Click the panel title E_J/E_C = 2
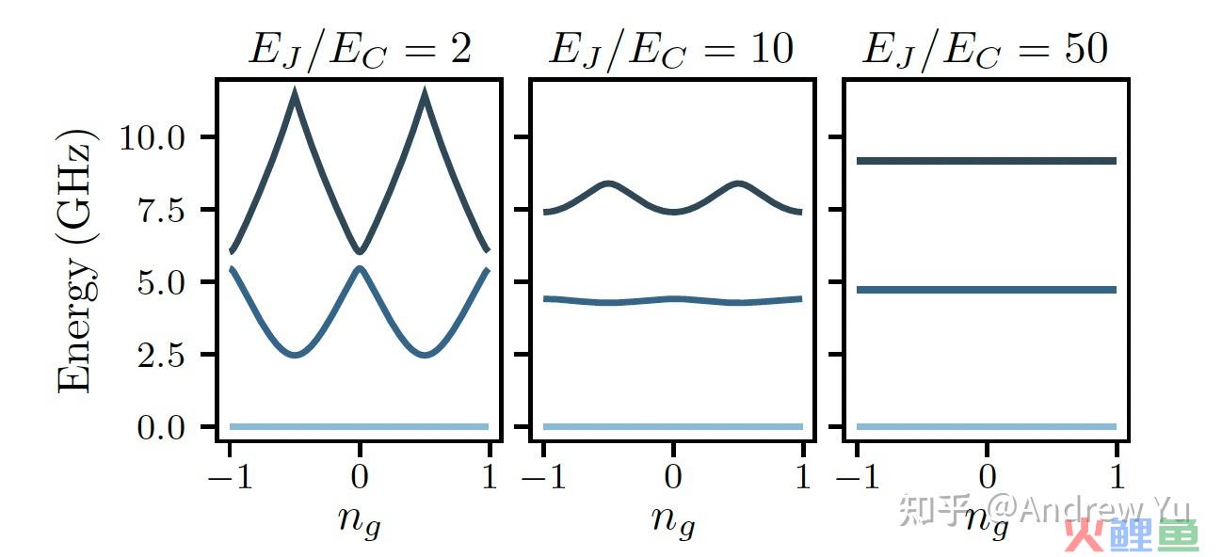point(359,50)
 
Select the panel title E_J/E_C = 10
point(671,50)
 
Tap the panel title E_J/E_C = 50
point(985,50)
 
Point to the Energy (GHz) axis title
point(77,261)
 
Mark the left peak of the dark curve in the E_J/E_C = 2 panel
point(296,92)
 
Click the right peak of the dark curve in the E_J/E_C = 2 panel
point(425,92)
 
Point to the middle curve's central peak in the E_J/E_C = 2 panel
point(360,269)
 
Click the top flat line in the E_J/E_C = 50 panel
point(986,161)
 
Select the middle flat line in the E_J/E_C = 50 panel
point(986,290)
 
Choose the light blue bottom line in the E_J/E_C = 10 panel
point(672,427)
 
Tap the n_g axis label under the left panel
point(360,519)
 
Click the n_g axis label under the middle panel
point(672,519)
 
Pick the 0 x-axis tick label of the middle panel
point(672,477)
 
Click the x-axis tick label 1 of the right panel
point(1117,477)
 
